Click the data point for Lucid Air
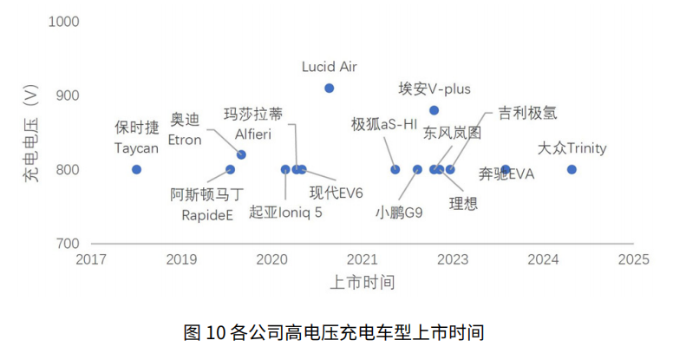pos(330,88)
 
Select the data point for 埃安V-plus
pos(434,110)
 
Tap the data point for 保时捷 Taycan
pos(136,169)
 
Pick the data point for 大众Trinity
pos(572,169)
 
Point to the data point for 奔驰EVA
pos(506,169)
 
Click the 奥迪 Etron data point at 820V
pos(241,154)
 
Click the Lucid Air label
pos(330,67)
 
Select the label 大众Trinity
pos(572,148)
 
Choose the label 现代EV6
pos(336,192)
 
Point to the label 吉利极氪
pos(527,113)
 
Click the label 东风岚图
pos(452,133)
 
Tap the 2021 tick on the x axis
pos(362,259)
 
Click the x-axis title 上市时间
pos(363,282)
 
